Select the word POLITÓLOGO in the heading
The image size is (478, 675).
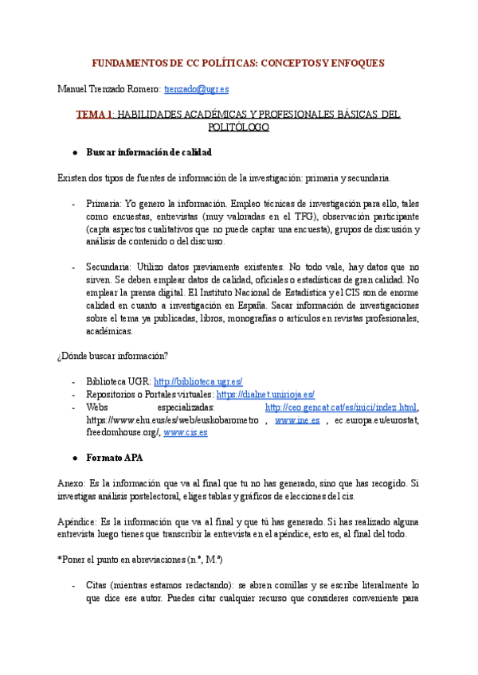tap(238, 127)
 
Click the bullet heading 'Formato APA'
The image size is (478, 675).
tap(116, 459)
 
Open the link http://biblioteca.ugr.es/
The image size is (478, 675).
tap(198, 381)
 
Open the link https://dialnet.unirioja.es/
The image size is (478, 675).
tap(265, 394)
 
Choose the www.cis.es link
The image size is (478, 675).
tap(185, 432)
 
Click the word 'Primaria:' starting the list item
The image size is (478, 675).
tap(104, 204)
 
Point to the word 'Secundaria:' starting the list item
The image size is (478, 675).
tap(109, 267)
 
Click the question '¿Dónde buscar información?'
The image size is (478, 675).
tap(112, 356)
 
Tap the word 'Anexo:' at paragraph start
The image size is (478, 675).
tap(73, 484)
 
